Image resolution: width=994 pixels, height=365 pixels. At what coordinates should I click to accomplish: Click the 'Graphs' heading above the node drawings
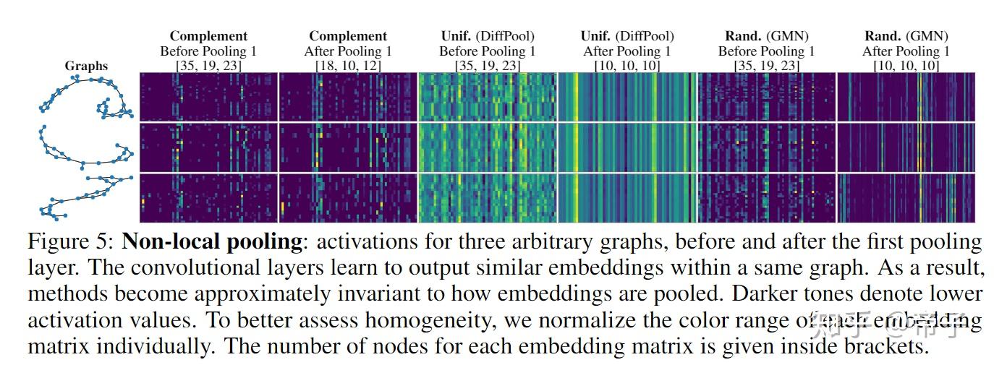tap(86, 66)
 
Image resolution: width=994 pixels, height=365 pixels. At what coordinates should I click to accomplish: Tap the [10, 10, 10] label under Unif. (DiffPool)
tap(626, 66)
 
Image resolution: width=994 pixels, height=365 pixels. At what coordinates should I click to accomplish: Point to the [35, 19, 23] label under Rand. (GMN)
tap(766, 66)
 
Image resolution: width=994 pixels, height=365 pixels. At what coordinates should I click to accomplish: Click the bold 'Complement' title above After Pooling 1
tap(347, 35)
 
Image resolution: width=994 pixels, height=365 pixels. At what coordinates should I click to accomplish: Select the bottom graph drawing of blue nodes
tap(87, 197)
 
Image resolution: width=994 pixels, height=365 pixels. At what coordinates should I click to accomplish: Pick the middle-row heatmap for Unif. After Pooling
tap(626, 147)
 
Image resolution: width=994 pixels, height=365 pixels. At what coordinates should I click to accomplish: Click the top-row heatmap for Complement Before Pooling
tap(208, 97)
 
